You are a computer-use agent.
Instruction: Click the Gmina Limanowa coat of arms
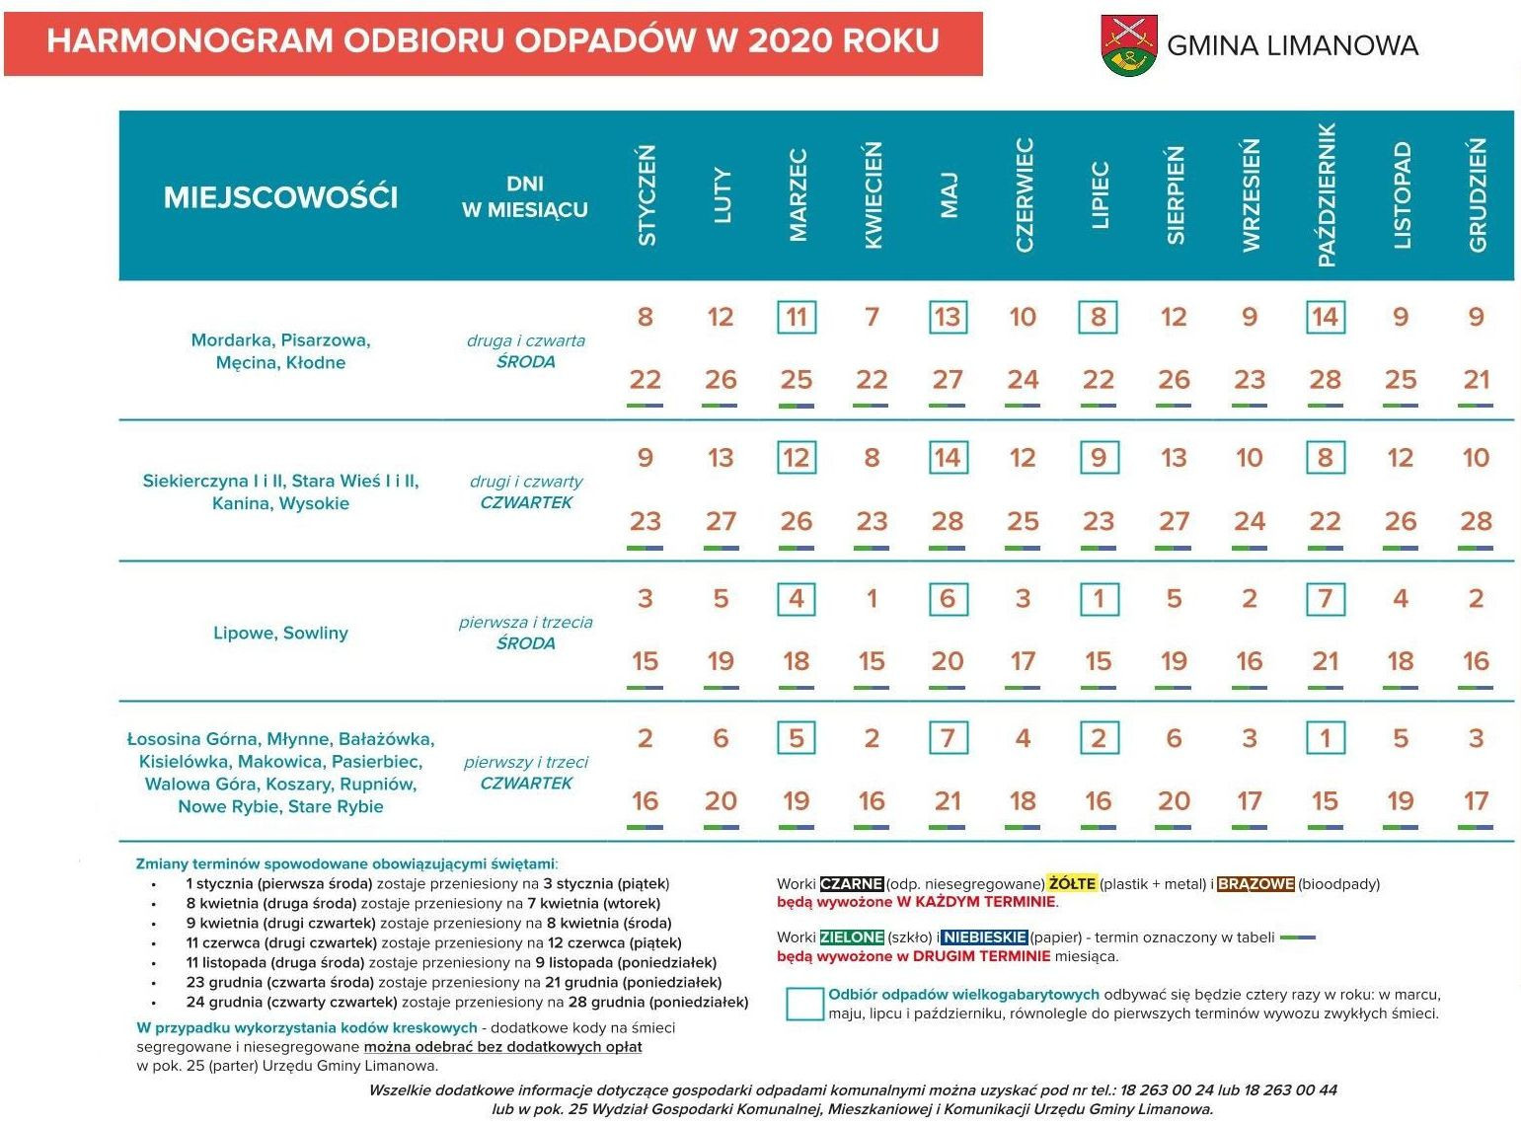click(x=1129, y=45)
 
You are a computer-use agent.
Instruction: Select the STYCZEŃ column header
click(x=646, y=195)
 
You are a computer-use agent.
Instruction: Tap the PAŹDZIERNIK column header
click(x=1326, y=195)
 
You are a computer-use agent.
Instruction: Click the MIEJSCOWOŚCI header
click(x=280, y=197)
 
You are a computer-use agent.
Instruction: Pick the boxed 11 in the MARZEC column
click(x=797, y=318)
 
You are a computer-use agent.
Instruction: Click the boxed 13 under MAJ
click(x=948, y=318)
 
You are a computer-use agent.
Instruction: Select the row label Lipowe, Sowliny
click(x=280, y=633)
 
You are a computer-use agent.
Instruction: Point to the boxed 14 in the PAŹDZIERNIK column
click(x=1325, y=318)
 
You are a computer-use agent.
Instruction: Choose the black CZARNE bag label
click(x=851, y=884)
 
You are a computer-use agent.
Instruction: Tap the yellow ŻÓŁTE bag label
click(x=1072, y=884)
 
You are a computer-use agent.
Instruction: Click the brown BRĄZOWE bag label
click(x=1255, y=884)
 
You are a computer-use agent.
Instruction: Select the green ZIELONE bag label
click(x=851, y=937)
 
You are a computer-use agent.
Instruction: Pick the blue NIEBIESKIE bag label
click(x=984, y=937)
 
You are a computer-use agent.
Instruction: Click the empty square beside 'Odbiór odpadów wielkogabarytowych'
click(x=805, y=1004)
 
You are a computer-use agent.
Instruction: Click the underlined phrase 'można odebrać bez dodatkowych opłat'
click(x=502, y=1047)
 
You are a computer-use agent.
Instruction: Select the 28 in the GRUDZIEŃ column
click(x=1476, y=521)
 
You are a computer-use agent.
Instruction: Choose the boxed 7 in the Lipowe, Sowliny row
click(x=1325, y=599)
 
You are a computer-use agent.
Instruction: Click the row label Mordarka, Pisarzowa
click(x=280, y=340)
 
